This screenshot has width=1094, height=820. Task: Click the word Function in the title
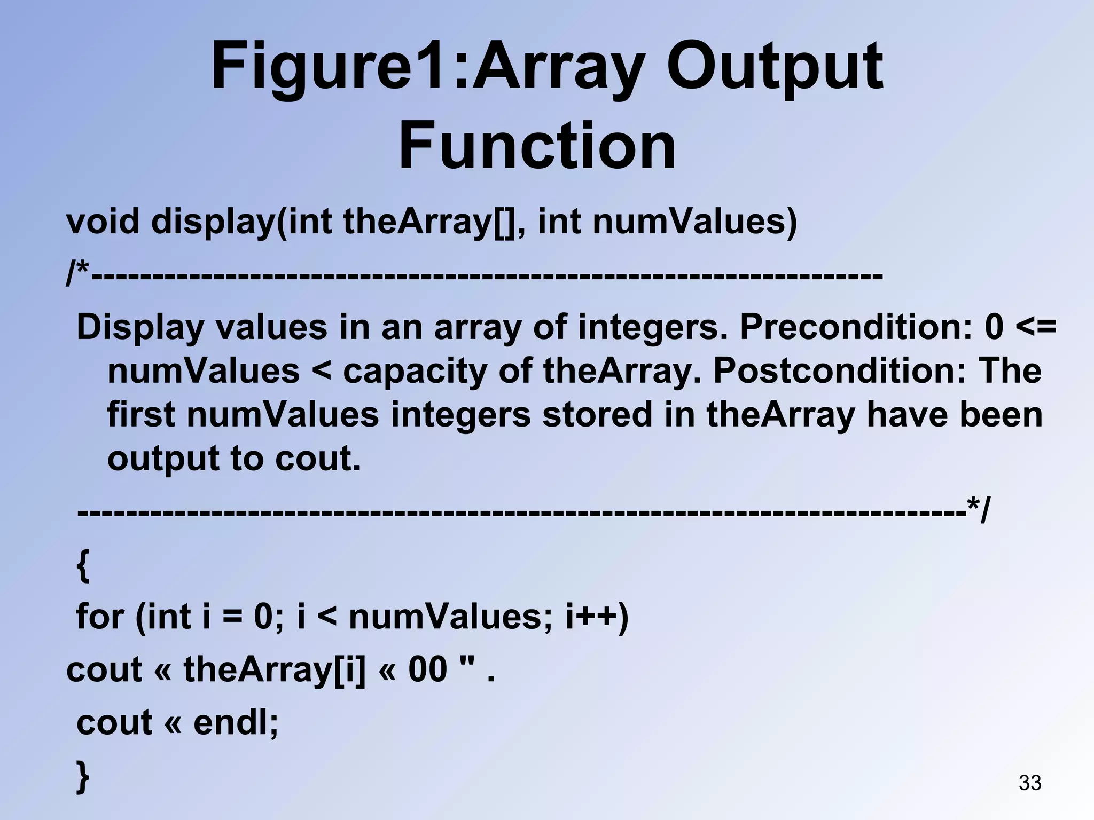tap(537, 145)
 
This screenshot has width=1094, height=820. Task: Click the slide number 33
tap(1030, 783)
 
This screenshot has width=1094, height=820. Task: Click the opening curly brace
tap(83, 566)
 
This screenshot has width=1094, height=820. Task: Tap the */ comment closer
tap(978, 511)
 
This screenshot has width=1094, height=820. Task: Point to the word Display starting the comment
tap(140, 327)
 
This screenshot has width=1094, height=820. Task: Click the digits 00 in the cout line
tap(427, 669)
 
